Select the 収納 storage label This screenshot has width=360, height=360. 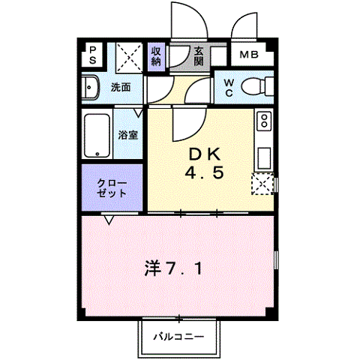(156, 55)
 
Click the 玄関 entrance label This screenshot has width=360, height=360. (199, 56)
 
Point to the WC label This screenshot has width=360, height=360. (227, 87)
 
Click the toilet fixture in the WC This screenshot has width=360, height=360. (256, 85)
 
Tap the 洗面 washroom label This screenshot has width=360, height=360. (121, 88)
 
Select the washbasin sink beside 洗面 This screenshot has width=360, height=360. (90, 88)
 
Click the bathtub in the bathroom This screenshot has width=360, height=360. (97, 134)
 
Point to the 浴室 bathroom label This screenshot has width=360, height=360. (128, 135)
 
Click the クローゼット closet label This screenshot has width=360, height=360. (113, 187)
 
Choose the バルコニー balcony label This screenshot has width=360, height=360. (179, 336)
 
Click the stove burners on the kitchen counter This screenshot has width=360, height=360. (264, 120)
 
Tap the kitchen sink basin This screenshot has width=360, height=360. (264, 157)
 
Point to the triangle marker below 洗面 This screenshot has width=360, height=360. (139, 112)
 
